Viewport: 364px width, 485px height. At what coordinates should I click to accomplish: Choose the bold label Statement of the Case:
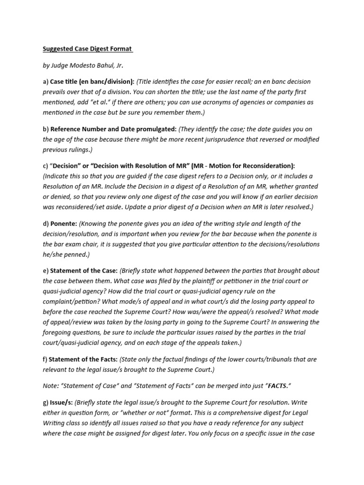83,271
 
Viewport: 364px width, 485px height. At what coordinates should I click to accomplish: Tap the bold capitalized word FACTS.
280,386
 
